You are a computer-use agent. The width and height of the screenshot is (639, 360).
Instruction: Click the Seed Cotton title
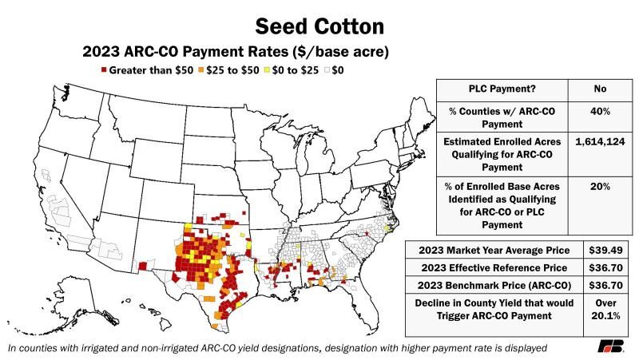pyautogui.click(x=319, y=26)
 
